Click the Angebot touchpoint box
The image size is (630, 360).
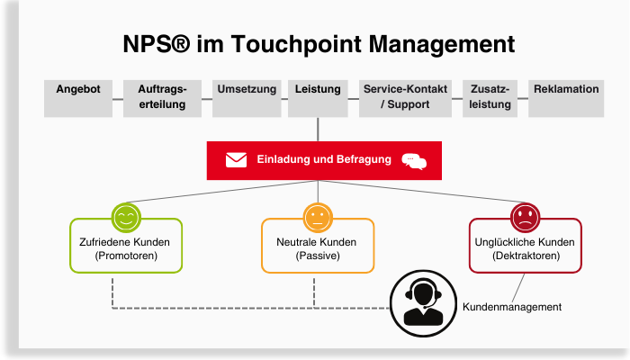pos(78,98)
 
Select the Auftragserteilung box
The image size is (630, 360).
pos(162,98)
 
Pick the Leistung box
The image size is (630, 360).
pos(318,98)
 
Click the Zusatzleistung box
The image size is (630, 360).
pos(490,98)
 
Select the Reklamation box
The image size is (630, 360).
pos(566,98)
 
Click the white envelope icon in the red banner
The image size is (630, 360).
pos(236,160)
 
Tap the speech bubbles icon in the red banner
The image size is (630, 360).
pos(413,161)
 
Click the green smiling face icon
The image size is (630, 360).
pos(126,217)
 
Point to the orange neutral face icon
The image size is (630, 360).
pos(317,217)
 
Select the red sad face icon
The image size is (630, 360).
pos(525,217)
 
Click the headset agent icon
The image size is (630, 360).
pos(423,301)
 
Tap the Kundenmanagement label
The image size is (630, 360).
pos(511,307)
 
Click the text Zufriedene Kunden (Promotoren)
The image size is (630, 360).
pos(126,249)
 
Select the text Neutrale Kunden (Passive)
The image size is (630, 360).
pos(316,249)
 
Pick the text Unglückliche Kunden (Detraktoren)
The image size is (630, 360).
pos(526,249)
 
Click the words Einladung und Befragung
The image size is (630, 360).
pos(324,159)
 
